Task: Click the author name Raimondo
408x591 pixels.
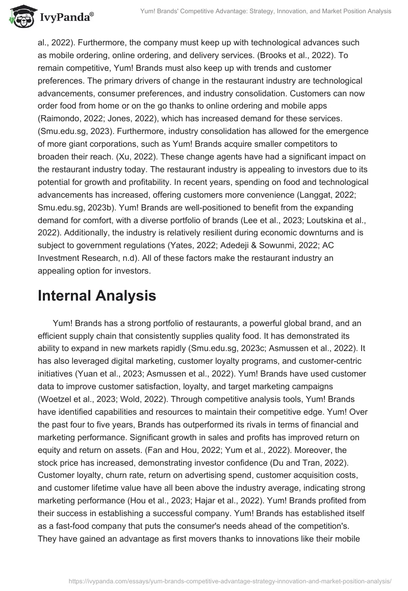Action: click(x=61, y=118)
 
